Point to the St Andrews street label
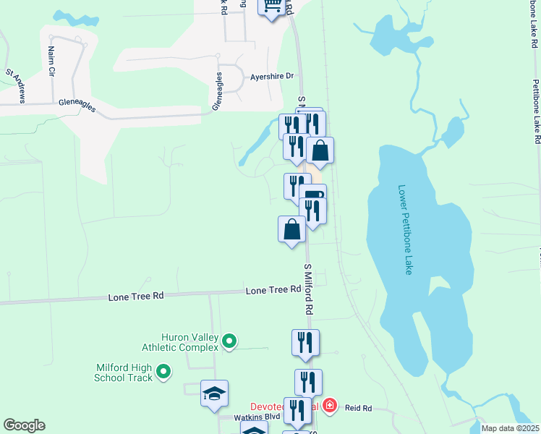pyautogui.click(x=17, y=85)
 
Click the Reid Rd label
pyautogui.click(x=358, y=409)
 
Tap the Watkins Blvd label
pyautogui.click(x=247, y=417)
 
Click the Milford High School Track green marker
pyautogui.click(x=163, y=373)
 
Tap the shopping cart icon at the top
pyautogui.click(x=272, y=7)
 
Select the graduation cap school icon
pyautogui.click(x=214, y=393)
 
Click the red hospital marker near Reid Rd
pyautogui.click(x=330, y=406)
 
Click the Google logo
pyautogui.click(x=24, y=425)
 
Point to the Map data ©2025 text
pyautogui.click(x=509, y=428)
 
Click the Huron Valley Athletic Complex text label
pyautogui.click(x=180, y=342)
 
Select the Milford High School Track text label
pyautogui.click(x=124, y=373)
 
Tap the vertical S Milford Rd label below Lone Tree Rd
pyautogui.click(x=308, y=288)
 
